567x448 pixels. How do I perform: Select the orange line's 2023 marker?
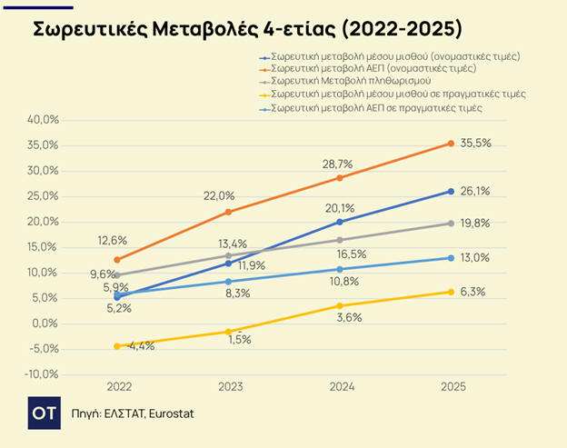click(x=228, y=212)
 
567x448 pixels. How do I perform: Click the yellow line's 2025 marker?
click(x=451, y=292)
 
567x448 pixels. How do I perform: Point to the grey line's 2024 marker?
click(x=340, y=240)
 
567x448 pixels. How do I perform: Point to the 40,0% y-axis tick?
click(x=45, y=120)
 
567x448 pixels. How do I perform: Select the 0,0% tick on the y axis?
click(x=46, y=324)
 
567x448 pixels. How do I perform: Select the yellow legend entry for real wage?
click(x=398, y=95)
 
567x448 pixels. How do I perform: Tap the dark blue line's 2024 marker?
click(x=340, y=222)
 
